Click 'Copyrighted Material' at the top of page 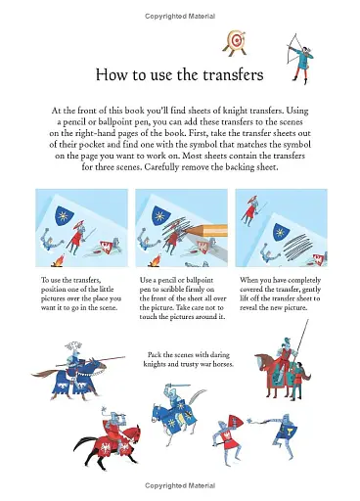tap(180, 17)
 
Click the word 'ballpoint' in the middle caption tap(192, 280)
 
